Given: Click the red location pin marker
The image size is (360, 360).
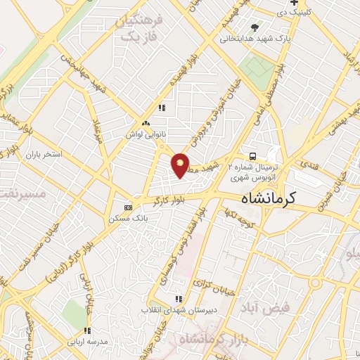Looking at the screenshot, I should click(x=181, y=165).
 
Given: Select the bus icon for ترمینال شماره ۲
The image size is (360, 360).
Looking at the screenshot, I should click(x=251, y=156).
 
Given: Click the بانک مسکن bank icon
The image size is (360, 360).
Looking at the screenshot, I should click(x=127, y=207).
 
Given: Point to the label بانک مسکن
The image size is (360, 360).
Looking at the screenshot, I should click(x=124, y=219).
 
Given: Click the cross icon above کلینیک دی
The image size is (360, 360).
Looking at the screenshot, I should click(x=294, y=3).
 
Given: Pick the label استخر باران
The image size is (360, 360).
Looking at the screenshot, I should click(x=44, y=153).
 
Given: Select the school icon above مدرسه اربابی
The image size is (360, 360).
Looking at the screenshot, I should click(x=87, y=330).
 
